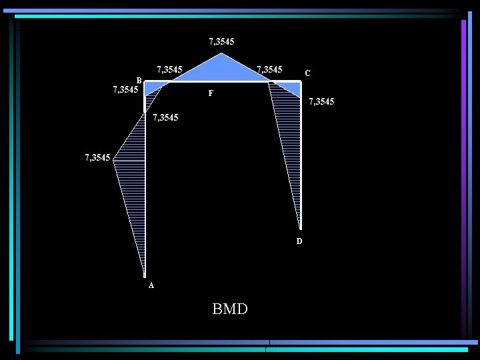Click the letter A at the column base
[x=151, y=285]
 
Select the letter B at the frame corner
[x=139, y=78]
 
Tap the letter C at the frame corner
[x=307, y=73]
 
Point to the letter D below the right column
[x=299, y=241]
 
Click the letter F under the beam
[x=211, y=94]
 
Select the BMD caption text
[x=230, y=309]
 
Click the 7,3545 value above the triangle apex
[x=221, y=41]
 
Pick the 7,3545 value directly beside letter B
[x=125, y=89]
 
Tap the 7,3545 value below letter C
[x=321, y=102]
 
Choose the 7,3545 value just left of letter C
[x=270, y=69]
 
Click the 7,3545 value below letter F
[x=165, y=118]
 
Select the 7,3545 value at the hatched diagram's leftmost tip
[x=97, y=158]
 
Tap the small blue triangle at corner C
[x=291, y=87]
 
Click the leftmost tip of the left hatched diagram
[x=114, y=159]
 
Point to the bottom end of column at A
[x=145, y=275]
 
